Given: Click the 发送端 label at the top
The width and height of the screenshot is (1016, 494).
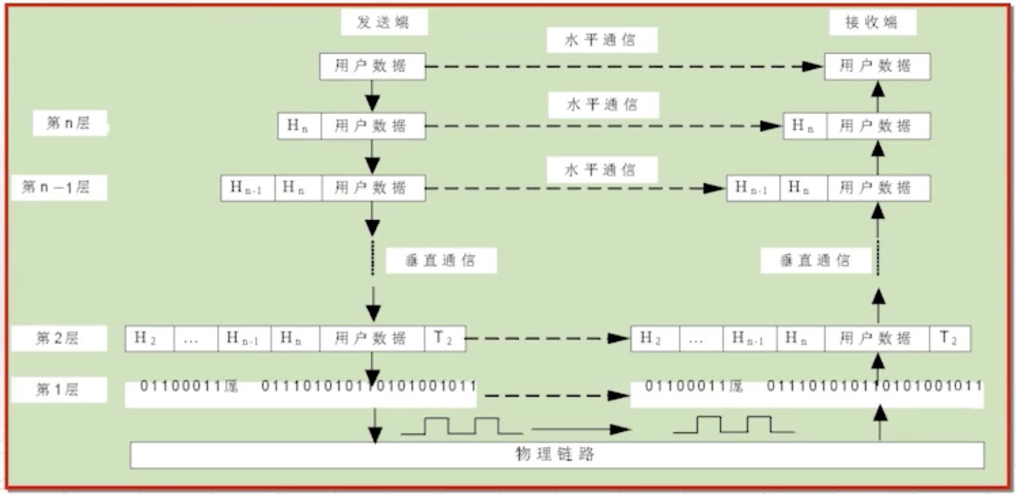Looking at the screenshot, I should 384,23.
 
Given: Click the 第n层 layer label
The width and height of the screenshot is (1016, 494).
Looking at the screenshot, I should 69,123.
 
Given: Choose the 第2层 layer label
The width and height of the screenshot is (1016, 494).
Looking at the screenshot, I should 58,338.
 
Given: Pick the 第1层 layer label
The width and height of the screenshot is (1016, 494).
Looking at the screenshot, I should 58,390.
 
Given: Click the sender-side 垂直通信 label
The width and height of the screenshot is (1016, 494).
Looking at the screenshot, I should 441,261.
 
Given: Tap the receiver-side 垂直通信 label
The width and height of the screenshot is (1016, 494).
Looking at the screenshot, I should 816,261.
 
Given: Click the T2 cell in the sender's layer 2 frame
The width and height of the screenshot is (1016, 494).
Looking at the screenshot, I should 445,338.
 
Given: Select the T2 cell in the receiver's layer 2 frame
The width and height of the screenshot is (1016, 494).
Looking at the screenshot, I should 950,338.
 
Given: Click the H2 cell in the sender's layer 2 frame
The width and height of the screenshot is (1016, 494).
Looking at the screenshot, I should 149,338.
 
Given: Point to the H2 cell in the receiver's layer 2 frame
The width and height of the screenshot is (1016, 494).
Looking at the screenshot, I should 655,338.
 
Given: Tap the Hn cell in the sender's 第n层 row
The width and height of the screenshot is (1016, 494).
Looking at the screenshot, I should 299,126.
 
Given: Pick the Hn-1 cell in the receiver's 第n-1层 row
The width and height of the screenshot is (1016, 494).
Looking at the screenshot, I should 753,188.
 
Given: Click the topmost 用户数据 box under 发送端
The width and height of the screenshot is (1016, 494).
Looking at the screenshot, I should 372,67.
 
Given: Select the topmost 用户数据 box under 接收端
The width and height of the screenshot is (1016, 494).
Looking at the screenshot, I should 877,67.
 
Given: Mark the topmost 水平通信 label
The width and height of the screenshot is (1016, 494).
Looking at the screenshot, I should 600,40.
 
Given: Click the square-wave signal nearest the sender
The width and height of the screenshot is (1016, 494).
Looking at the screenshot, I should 462,427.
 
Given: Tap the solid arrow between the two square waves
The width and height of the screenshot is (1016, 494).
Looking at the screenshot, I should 579,430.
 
